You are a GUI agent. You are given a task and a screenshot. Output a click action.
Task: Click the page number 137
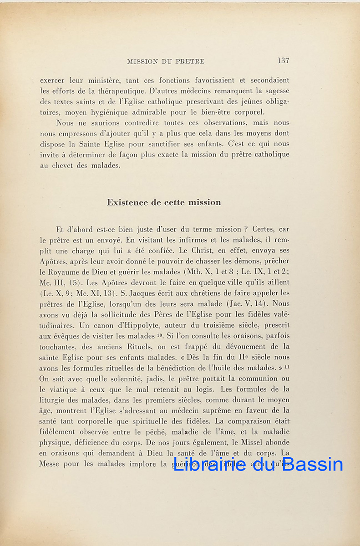click(283, 61)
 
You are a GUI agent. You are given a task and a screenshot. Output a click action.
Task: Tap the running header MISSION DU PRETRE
click(166, 61)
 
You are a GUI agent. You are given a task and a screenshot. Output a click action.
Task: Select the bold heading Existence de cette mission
click(164, 202)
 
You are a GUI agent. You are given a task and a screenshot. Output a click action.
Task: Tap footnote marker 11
click(287, 366)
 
